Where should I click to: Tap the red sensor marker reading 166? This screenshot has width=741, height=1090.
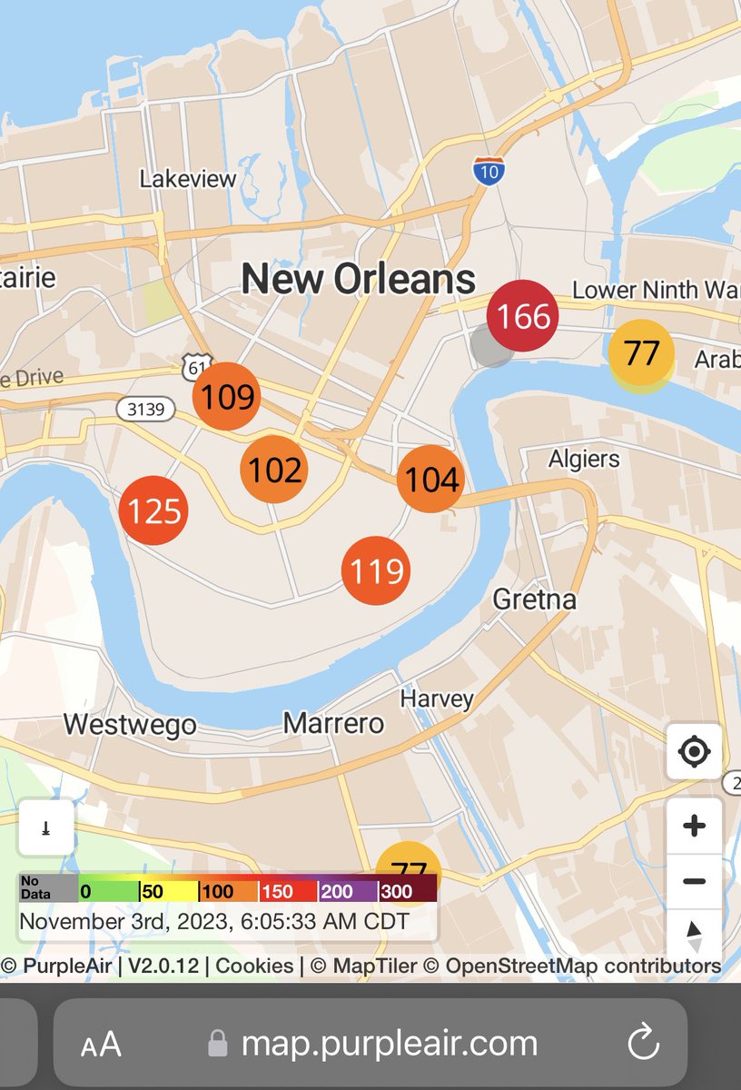[x=522, y=317]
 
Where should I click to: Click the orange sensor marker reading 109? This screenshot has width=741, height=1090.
[x=227, y=396]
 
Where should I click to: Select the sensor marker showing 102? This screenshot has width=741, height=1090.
[x=274, y=470]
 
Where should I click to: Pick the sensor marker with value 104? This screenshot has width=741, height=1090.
[x=431, y=478]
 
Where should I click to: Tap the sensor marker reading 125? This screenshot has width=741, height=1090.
[x=153, y=510]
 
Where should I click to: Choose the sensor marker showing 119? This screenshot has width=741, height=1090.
[x=376, y=570]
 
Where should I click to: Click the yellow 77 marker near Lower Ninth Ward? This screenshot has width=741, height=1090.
[x=641, y=352]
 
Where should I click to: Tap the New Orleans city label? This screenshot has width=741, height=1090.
[x=359, y=279]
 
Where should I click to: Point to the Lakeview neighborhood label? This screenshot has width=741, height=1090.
[x=188, y=179]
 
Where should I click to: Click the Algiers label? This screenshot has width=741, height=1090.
[x=584, y=459]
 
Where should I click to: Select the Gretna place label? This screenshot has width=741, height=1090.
[x=535, y=599]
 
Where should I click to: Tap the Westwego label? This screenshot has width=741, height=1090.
[x=130, y=725]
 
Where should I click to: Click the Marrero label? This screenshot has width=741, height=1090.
[x=333, y=723]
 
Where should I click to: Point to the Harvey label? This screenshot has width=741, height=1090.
[x=438, y=699]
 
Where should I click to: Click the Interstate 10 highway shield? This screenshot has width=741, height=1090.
[x=489, y=170]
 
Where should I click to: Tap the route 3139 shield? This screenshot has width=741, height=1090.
[x=146, y=410]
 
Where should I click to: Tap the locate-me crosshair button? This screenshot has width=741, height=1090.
[x=695, y=752]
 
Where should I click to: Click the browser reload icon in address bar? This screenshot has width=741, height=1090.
[x=643, y=1043]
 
